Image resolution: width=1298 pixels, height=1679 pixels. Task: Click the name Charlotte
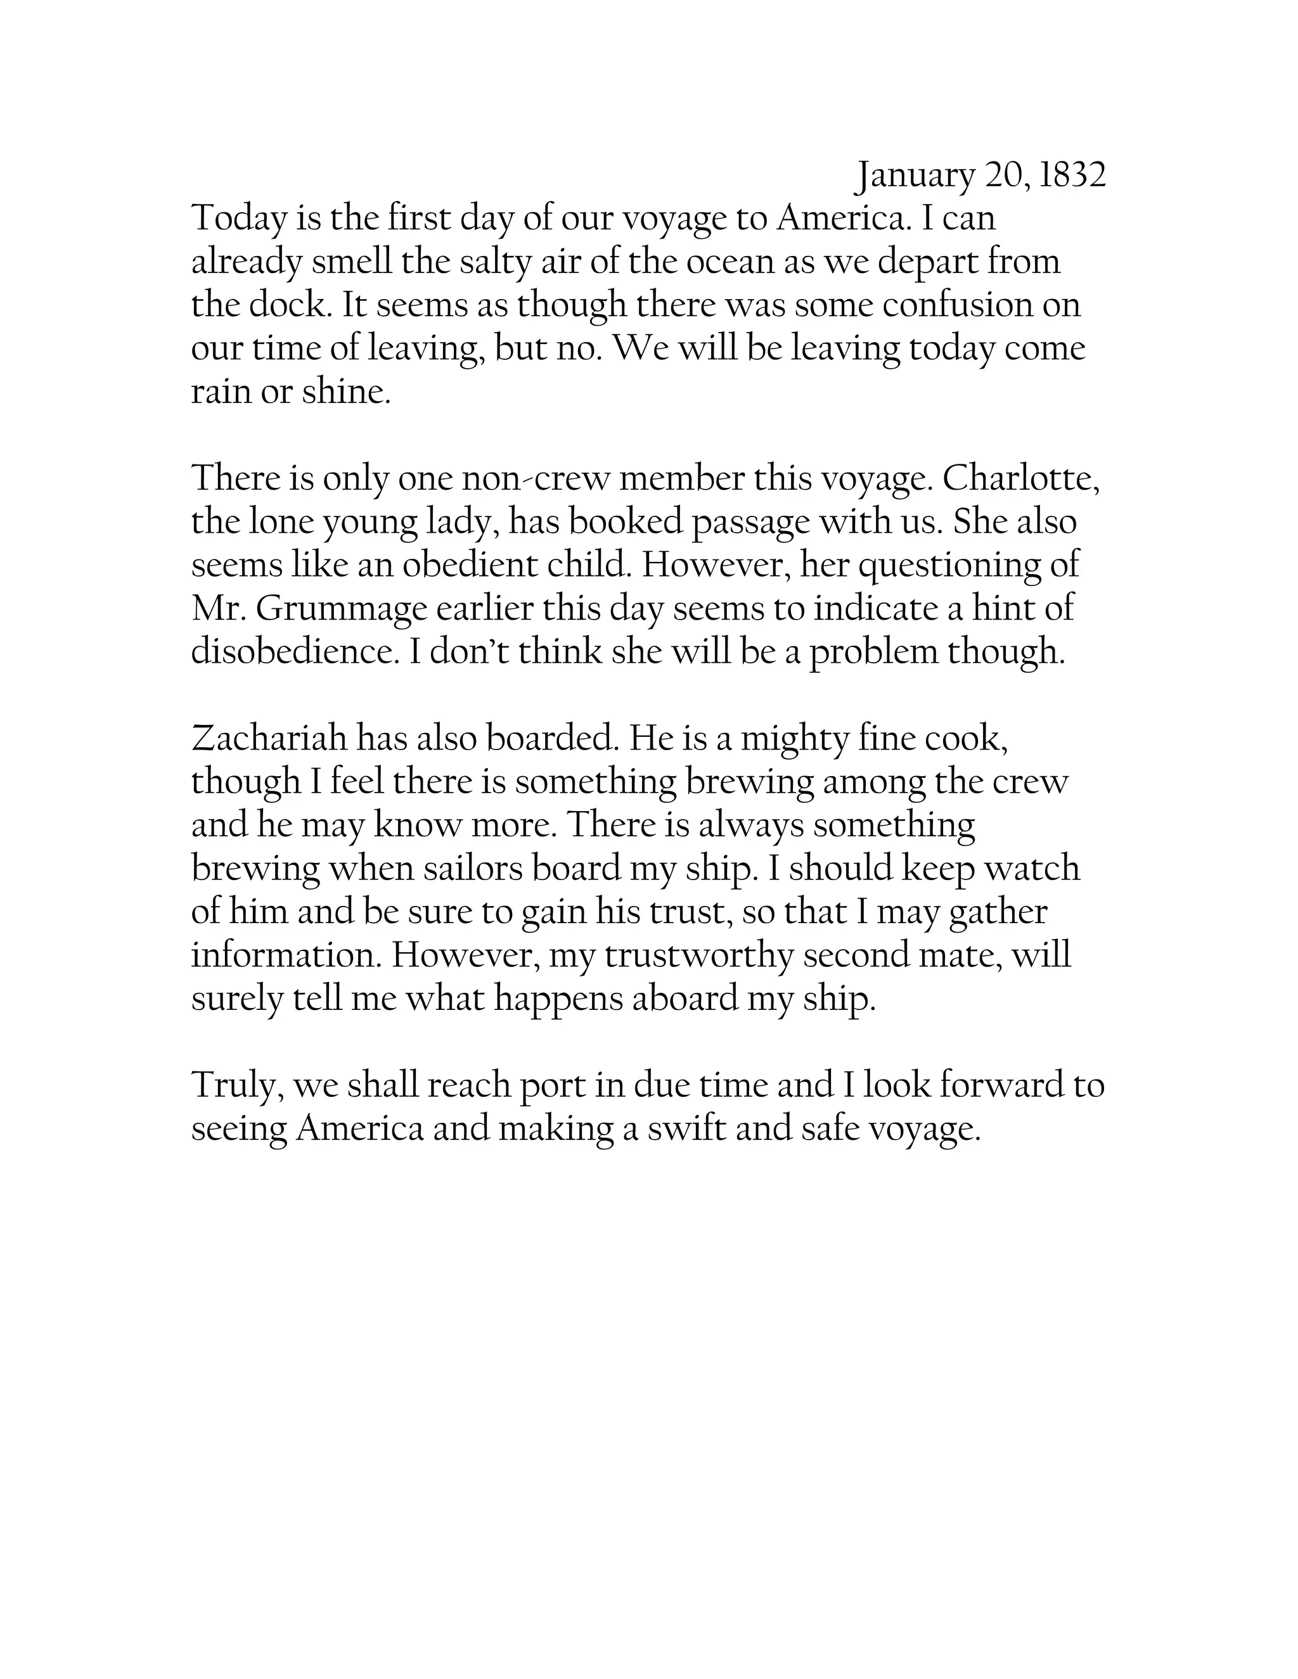click(x=1020, y=479)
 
